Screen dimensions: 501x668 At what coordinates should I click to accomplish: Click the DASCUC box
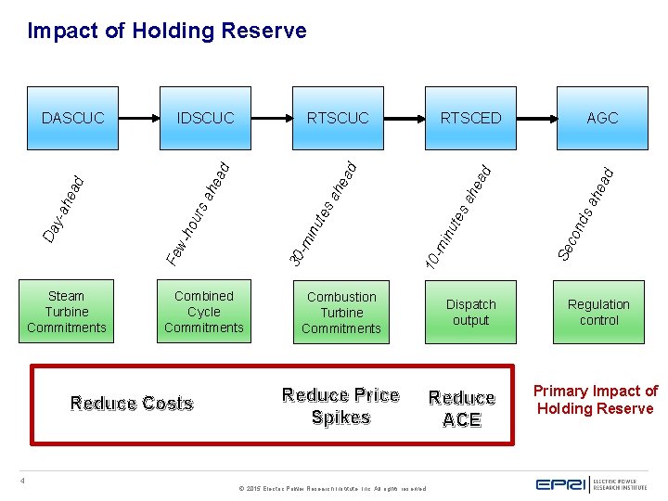coord(73,118)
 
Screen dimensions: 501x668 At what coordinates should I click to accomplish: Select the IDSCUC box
coord(206,118)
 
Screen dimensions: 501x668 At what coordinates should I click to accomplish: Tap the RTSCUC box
coord(338,118)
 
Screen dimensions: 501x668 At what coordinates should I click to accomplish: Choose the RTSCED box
coord(470,118)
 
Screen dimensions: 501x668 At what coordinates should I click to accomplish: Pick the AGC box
coord(602,118)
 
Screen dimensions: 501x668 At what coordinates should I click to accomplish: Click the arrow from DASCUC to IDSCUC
coord(139,118)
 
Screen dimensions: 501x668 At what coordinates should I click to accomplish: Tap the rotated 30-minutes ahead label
coord(321,212)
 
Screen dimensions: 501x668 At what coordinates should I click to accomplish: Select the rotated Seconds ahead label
coord(586,212)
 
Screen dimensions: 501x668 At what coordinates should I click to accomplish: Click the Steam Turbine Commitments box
coord(67,312)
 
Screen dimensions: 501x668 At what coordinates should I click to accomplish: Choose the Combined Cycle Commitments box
coord(204,312)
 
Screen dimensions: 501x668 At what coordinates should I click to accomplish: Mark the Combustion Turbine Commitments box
coord(341,313)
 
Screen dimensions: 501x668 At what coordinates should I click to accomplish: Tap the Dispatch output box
coord(470,313)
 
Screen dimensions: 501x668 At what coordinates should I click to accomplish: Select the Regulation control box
coord(598,313)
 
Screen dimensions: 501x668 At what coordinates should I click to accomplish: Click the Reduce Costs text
coord(132,404)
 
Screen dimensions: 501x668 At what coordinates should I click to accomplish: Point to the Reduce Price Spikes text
coord(340,406)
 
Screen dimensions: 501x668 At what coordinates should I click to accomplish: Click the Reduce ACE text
coord(462,408)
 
